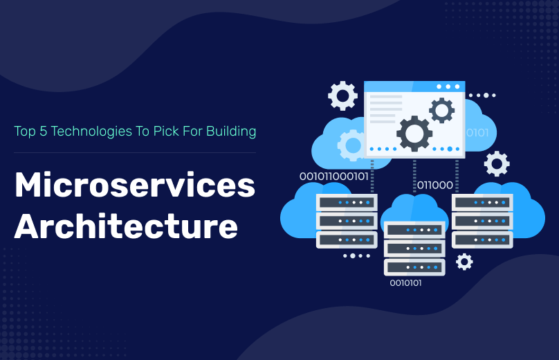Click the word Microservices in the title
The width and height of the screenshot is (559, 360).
(135, 186)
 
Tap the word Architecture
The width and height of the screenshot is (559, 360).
(126, 226)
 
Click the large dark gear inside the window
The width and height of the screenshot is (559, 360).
(414, 133)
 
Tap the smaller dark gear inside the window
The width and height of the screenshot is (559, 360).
(441, 110)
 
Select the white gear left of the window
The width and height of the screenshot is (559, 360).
(342, 96)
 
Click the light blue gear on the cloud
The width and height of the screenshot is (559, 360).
(352, 145)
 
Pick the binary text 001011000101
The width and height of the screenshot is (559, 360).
(334, 177)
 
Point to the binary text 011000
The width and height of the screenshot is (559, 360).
(434, 185)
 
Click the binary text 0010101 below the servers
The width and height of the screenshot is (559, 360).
(405, 282)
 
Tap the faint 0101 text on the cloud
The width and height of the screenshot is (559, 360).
(477, 132)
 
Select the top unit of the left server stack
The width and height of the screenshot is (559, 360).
(347, 203)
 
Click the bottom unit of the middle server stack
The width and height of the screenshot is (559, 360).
(414, 267)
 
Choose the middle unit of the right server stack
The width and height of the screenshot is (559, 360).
(482, 221)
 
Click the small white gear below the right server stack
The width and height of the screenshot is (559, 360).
(464, 261)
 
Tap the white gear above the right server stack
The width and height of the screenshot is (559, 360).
(496, 164)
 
